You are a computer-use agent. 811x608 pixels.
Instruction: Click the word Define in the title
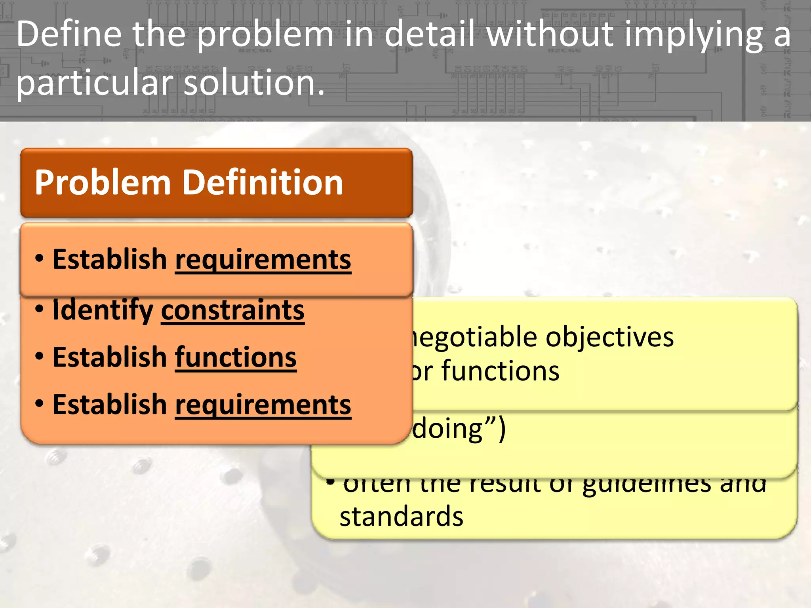point(69,34)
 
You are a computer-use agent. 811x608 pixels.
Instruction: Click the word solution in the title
point(254,83)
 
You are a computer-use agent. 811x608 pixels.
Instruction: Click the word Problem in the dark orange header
point(103,183)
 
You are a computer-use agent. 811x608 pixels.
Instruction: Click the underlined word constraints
point(232,310)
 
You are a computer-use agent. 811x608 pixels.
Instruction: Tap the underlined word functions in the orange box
point(236,357)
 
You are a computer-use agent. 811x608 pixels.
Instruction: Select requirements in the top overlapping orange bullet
point(263,260)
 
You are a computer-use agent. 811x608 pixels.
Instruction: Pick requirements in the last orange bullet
point(263,405)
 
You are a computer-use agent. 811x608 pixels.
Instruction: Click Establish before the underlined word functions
point(110,357)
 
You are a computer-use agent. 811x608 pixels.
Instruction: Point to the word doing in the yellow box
point(447,429)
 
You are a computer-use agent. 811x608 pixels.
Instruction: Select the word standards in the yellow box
point(401,517)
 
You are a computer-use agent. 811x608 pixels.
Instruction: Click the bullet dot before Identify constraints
point(39,309)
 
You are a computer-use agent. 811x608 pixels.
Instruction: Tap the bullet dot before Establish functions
point(39,356)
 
